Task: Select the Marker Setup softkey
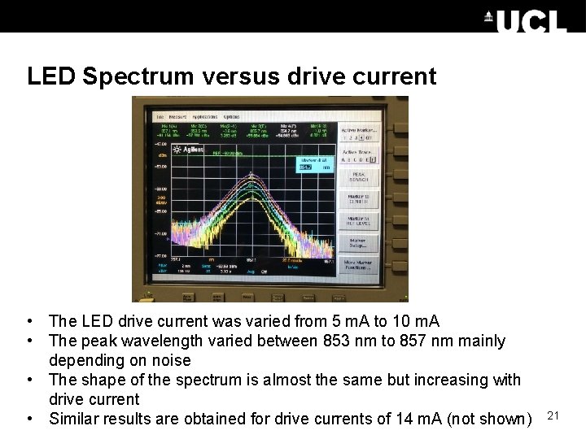(x=359, y=242)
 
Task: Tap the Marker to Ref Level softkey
(x=359, y=220)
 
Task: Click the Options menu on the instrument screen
(x=233, y=116)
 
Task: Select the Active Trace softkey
(x=358, y=154)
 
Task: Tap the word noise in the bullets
(x=170, y=360)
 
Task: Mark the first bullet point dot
(x=29, y=322)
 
